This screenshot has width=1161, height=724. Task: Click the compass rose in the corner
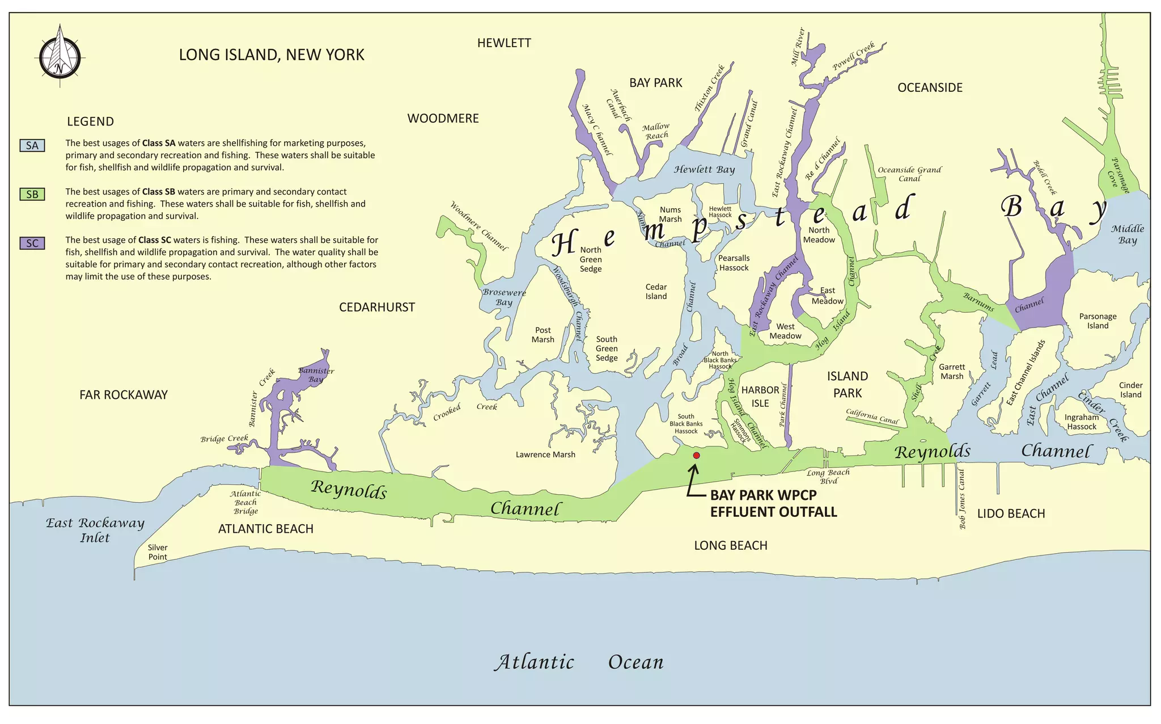click(60, 57)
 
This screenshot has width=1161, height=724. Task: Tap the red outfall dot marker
click(696, 456)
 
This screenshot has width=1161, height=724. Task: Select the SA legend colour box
click(32, 145)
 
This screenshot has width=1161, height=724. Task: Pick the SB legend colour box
click(32, 194)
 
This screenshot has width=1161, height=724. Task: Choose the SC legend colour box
click(32, 243)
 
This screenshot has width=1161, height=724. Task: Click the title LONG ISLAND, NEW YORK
click(272, 55)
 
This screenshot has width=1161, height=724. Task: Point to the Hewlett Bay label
click(704, 169)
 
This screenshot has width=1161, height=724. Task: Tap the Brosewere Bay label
click(504, 297)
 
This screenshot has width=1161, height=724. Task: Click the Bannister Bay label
click(316, 375)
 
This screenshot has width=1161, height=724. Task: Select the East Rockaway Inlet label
click(95, 530)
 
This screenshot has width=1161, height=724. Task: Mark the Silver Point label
click(158, 552)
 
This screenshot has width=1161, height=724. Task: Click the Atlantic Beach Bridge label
click(245, 502)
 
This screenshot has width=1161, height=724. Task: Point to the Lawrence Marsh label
click(545, 454)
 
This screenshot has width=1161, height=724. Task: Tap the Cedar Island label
click(656, 292)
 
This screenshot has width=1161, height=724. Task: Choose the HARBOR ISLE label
click(760, 397)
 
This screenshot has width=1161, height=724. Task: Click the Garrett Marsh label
click(951, 372)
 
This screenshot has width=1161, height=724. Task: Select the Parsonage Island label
click(1098, 321)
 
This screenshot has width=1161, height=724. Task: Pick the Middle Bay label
click(1127, 234)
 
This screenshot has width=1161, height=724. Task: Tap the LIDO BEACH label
click(1011, 513)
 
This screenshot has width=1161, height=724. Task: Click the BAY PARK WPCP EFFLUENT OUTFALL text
click(773, 503)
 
